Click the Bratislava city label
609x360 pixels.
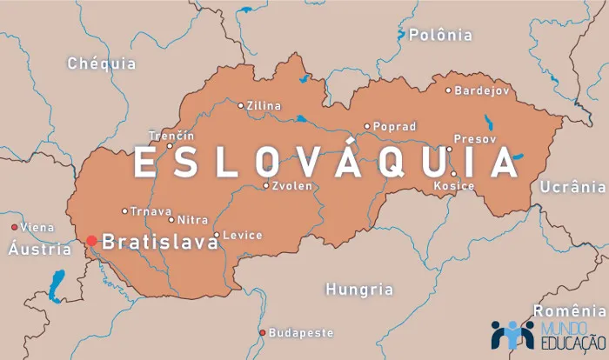160,242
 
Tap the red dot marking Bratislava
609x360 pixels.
91,240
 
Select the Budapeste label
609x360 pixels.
301,333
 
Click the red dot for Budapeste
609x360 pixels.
263,333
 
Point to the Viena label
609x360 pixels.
37,227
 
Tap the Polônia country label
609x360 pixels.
440,36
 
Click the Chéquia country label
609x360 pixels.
102,63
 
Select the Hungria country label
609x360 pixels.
359,290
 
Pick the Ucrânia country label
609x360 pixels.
572,187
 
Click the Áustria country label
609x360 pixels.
39,250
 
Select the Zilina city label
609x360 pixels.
264,106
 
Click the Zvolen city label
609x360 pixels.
292,186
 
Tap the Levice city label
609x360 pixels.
242,236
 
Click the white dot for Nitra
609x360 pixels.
171,220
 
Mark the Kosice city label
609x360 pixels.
455,186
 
